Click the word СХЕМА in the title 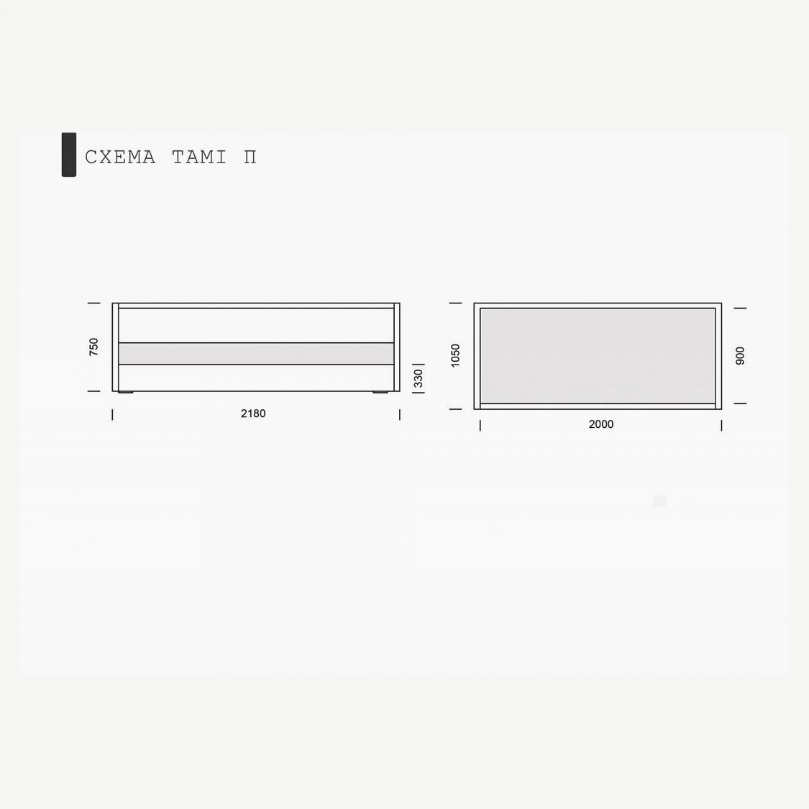[119, 157]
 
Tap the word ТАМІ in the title [199, 157]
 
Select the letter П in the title [250, 157]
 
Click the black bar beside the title [68, 155]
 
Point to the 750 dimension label [93, 347]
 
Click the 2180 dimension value [253, 413]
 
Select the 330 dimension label [419, 378]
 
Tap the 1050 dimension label [455, 355]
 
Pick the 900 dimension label [741, 356]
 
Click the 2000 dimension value [601, 424]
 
